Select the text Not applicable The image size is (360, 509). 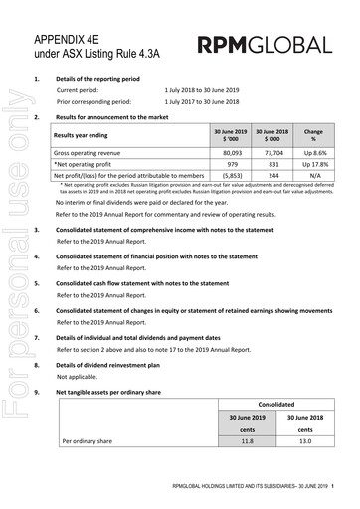pos(78,378)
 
